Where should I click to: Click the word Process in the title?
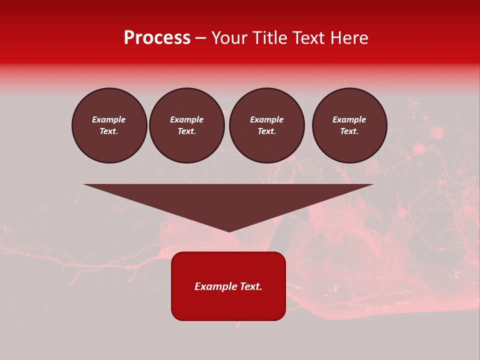point(157,38)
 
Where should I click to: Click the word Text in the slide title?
point(309,38)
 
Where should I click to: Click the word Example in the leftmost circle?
point(109,119)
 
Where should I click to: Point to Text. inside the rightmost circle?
point(349,131)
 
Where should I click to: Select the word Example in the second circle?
point(186,119)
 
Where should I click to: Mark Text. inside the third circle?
point(266,131)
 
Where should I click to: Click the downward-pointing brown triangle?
point(228,200)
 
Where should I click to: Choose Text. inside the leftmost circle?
point(109,131)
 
